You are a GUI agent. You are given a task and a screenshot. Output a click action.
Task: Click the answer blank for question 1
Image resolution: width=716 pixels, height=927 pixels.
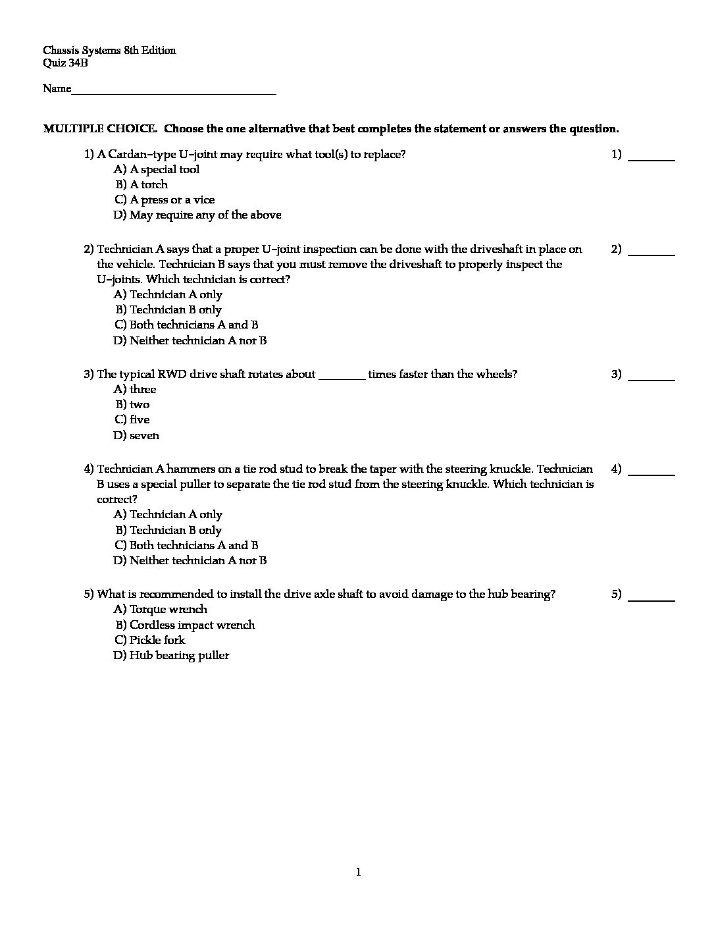652,159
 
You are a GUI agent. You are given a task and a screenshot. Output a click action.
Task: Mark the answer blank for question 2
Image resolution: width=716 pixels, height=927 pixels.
652,253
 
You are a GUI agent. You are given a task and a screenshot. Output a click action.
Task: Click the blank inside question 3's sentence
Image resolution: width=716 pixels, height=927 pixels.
342,377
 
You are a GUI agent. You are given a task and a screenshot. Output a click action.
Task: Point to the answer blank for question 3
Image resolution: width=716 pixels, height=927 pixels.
652,379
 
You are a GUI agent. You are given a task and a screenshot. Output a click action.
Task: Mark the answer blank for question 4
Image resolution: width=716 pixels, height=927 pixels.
652,473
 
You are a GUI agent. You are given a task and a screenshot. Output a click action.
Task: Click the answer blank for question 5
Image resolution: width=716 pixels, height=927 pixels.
652,598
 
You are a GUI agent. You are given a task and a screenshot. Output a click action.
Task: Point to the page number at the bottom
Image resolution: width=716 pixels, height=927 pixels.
358,873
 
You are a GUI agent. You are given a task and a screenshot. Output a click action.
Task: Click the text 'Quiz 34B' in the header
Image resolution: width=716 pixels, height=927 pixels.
65,64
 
